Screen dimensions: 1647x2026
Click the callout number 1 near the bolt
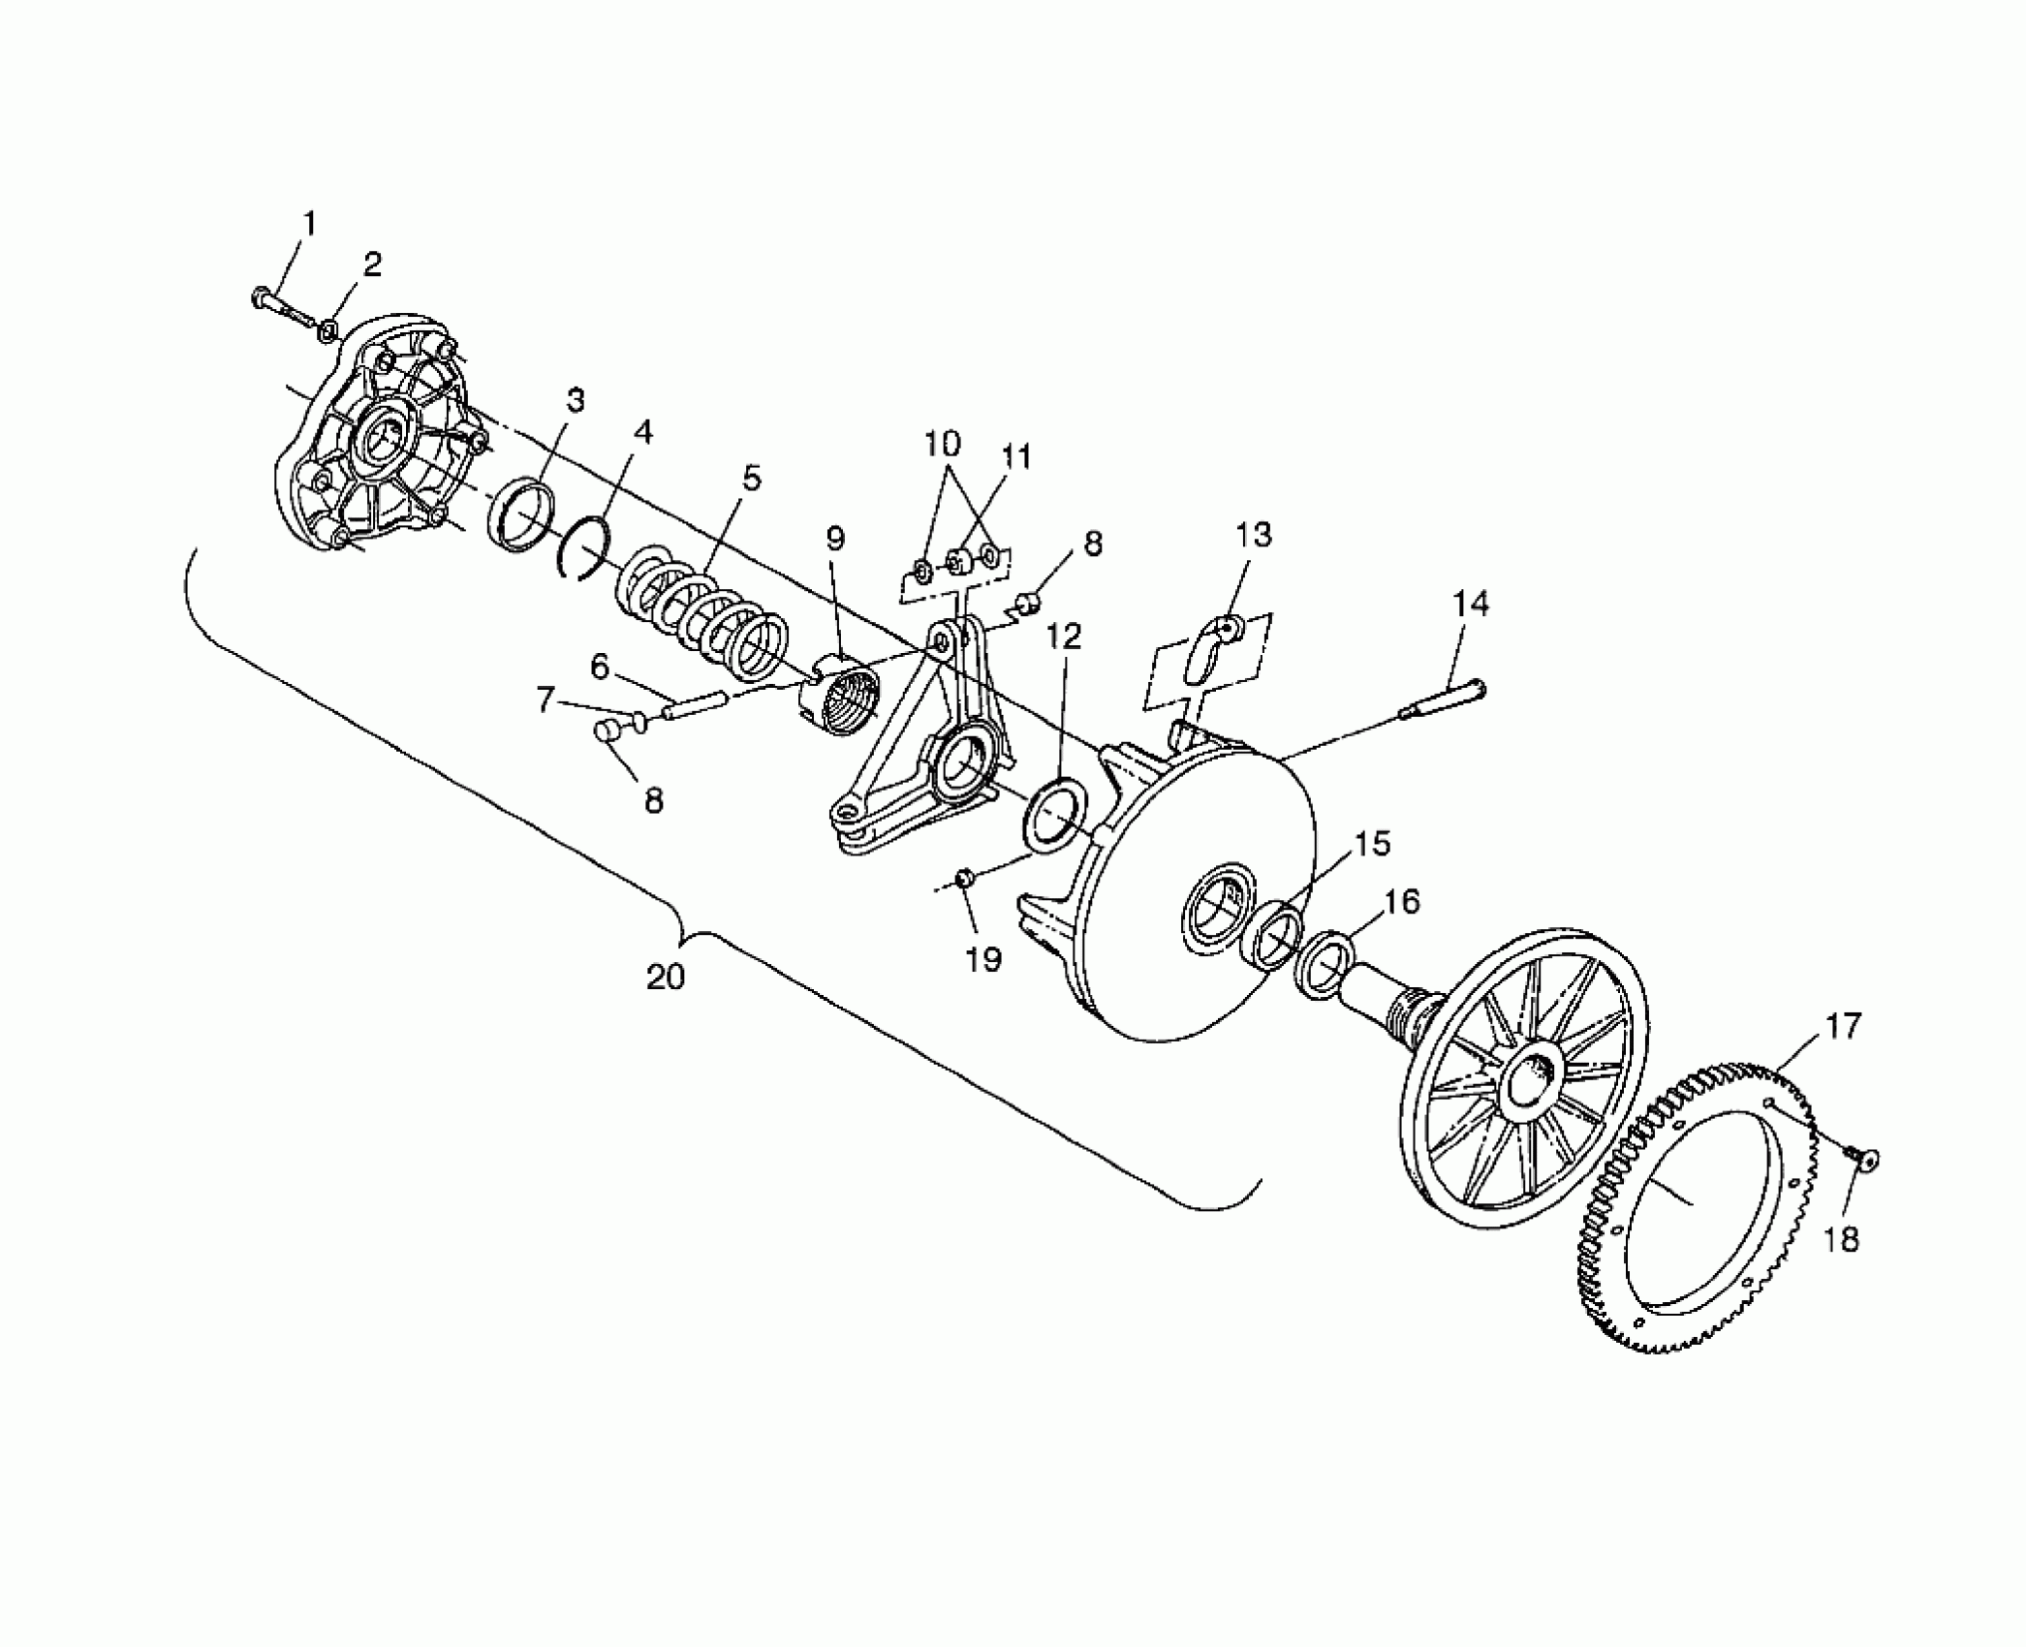[309, 225]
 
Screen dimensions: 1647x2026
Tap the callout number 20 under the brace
[666, 977]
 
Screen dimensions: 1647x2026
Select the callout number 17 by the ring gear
[1843, 1026]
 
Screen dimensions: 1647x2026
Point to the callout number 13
[1254, 535]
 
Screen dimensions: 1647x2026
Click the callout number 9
[834, 539]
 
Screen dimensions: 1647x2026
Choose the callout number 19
[982, 959]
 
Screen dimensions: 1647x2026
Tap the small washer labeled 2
[328, 331]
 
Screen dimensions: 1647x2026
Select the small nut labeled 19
[965, 878]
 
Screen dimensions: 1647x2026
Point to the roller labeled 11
[957, 561]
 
